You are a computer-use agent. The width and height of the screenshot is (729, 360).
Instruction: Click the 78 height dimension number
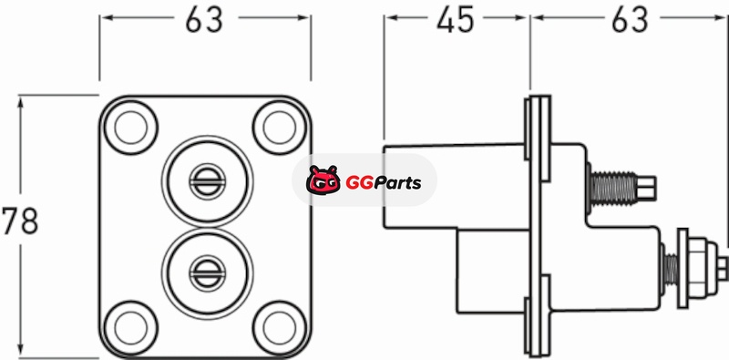(20, 221)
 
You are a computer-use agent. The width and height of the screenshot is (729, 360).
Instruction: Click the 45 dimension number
(455, 20)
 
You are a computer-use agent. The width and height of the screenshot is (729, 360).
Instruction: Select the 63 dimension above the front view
(204, 20)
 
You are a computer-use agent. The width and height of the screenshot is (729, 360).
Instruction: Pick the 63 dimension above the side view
(630, 20)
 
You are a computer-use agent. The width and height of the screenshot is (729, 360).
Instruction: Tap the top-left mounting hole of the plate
(130, 128)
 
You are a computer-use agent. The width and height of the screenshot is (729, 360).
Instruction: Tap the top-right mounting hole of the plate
(280, 128)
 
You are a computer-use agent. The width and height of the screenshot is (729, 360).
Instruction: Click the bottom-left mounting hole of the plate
(130, 328)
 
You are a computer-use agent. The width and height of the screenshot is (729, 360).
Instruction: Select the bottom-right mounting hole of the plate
(280, 328)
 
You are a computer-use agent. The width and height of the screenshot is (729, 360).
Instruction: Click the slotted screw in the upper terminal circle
(208, 181)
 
